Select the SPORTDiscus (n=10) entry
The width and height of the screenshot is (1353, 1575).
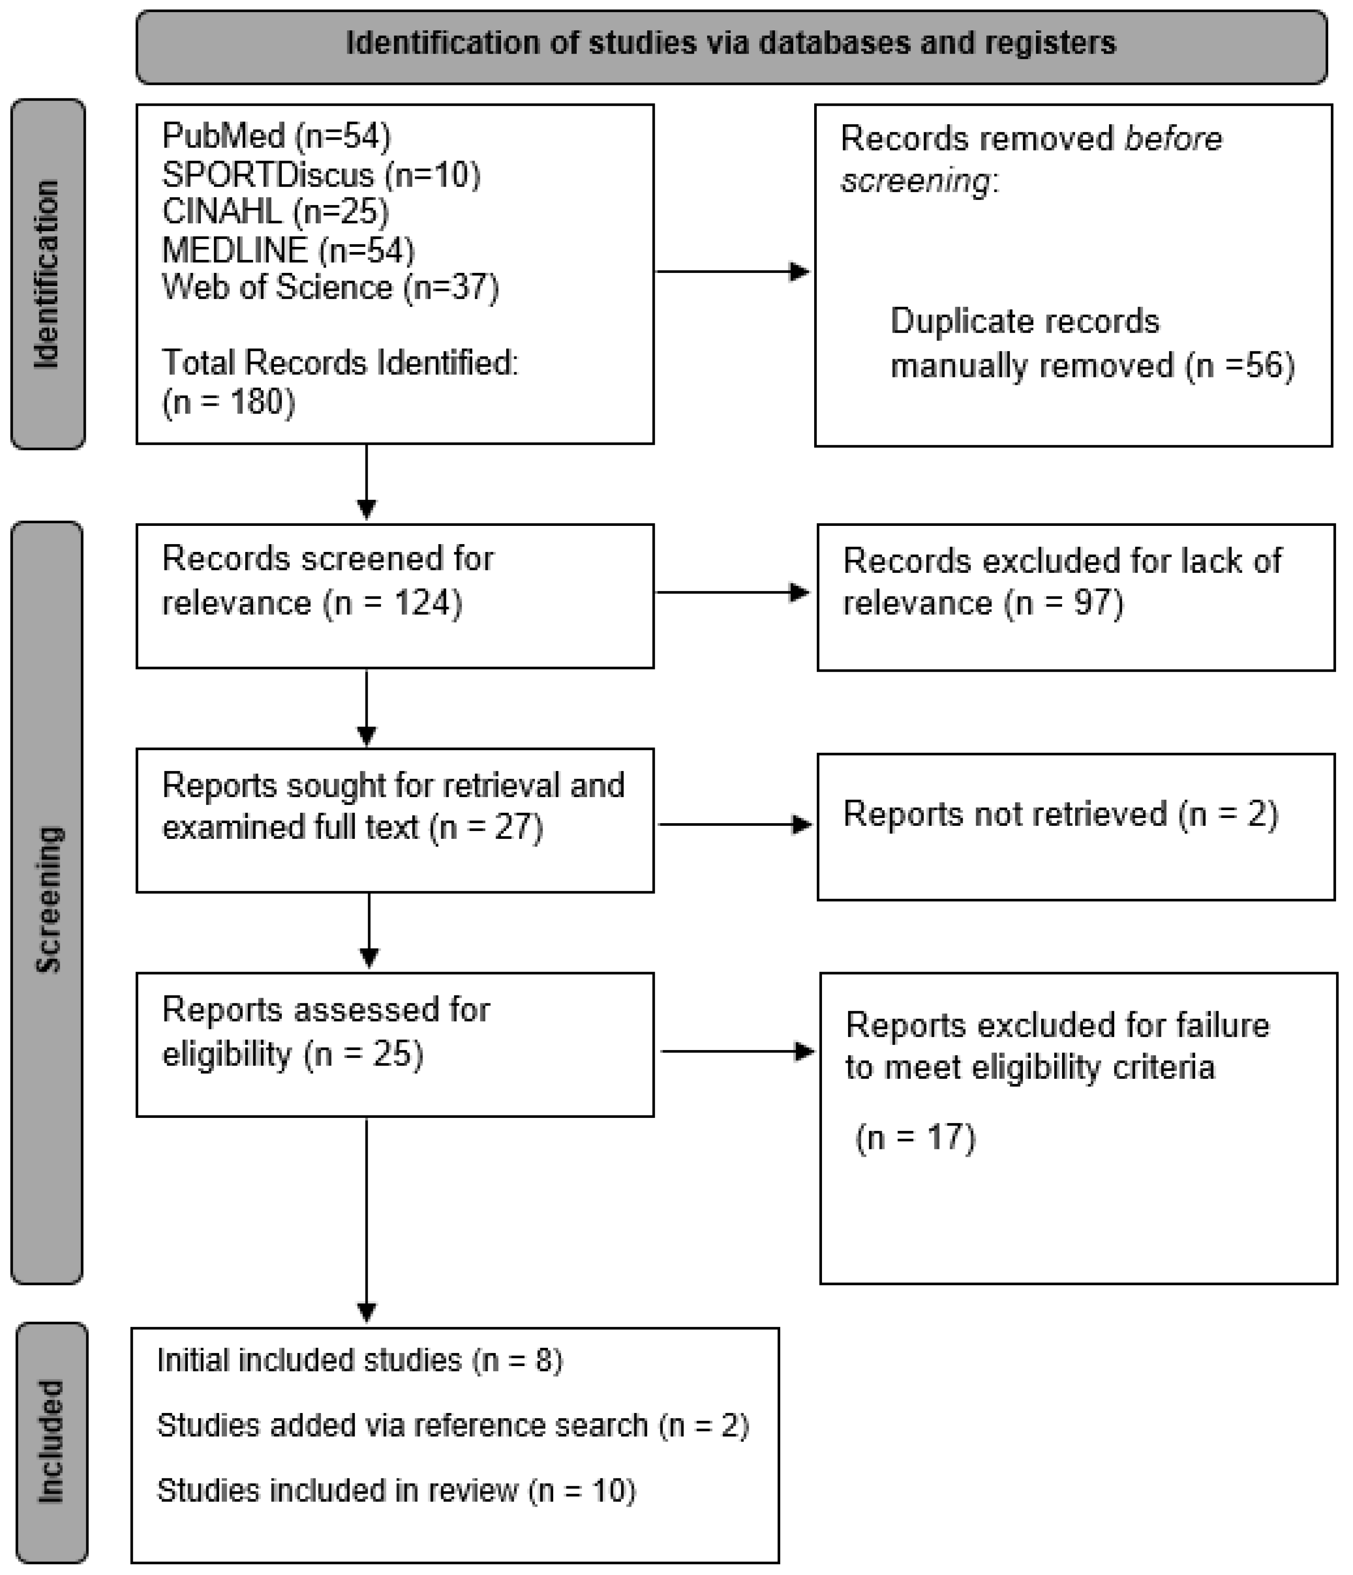[321, 175]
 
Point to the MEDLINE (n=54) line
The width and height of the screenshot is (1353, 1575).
[288, 250]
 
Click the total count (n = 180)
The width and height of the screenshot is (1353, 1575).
[228, 401]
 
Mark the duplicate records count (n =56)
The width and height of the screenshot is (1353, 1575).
[1240, 366]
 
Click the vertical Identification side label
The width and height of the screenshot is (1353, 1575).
[47, 274]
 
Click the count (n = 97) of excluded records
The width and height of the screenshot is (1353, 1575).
[1063, 603]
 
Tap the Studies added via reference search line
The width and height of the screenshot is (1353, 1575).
[453, 1426]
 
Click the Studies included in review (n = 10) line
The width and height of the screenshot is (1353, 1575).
[396, 1491]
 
